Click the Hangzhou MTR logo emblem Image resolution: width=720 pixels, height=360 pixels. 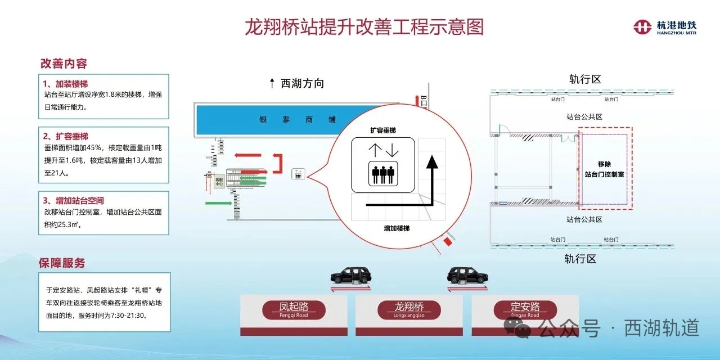pyautogui.click(x=643, y=27)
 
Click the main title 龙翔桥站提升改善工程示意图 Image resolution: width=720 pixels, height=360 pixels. pyautogui.click(x=364, y=26)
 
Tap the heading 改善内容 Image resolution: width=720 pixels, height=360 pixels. pyautogui.click(x=64, y=64)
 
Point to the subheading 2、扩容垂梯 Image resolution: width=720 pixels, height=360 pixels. pyautogui.click(x=66, y=136)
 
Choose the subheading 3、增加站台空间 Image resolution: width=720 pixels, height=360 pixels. pyautogui.click(x=74, y=200)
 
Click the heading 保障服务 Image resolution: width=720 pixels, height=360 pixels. pyautogui.click(x=62, y=263)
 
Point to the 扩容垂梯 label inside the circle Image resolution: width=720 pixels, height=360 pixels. pyautogui.click(x=382, y=130)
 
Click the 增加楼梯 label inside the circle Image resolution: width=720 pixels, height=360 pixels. pyautogui.click(x=396, y=228)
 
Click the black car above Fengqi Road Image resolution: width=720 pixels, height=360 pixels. pyautogui.click(x=352, y=275)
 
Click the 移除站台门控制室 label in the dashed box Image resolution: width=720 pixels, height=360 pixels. pyautogui.click(x=605, y=169)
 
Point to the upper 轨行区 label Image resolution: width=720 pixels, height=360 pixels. pyautogui.click(x=585, y=79)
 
